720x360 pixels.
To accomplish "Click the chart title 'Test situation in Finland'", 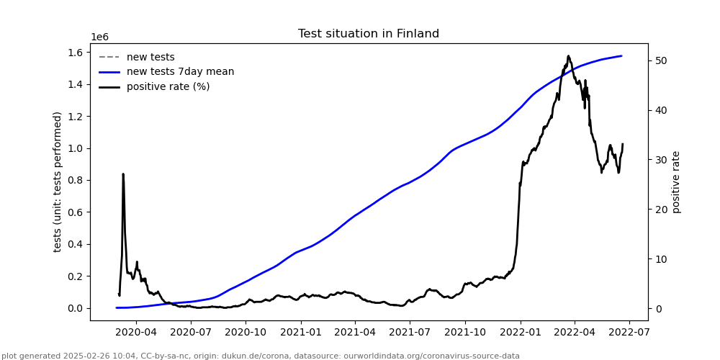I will (368, 34).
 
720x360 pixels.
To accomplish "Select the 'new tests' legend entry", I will (150, 57).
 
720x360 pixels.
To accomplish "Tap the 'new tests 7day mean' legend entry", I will (180, 72).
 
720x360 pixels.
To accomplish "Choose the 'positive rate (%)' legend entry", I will (168, 86).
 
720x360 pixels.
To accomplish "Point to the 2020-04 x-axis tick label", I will (136, 332).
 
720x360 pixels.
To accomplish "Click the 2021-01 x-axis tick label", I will (300, 332).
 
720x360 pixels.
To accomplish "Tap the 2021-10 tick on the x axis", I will (464, 332).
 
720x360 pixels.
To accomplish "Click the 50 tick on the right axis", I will (660, 60).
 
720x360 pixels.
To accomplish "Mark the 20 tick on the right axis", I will (660, 210).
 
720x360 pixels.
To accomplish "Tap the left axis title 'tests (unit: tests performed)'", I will (58, 181).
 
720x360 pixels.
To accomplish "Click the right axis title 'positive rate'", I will (676, 181).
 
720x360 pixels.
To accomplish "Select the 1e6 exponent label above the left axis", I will (99, 37).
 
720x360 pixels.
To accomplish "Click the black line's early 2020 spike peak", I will (123, 174).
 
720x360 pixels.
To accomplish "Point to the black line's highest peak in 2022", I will (568, 55).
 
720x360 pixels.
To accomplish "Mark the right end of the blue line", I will (621, 56).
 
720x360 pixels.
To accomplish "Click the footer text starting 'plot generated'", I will (261, 356).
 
